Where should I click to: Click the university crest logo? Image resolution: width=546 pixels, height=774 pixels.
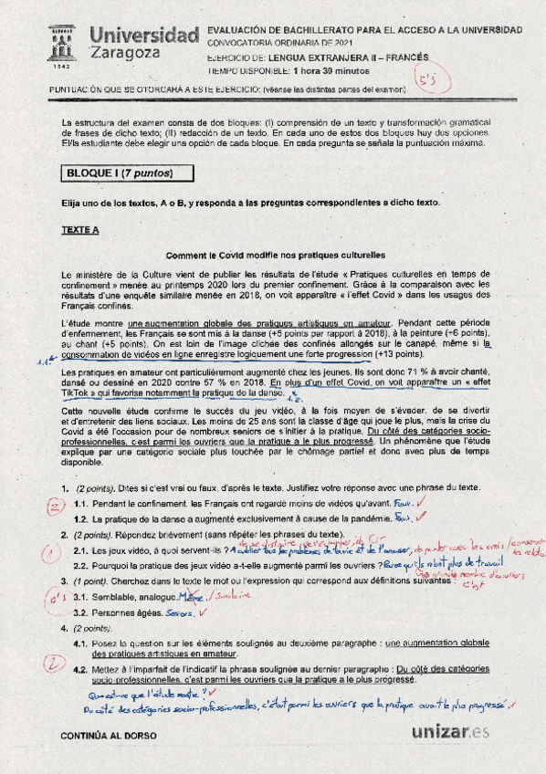[60, 47]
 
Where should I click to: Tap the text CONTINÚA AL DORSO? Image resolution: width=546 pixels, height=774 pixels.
[108, 735]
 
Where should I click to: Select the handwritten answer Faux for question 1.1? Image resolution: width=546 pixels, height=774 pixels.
[403, 502]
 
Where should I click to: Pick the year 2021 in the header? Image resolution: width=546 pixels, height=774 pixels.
[339, 43]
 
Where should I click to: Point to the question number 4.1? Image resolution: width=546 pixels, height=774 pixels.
[82, 643]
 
